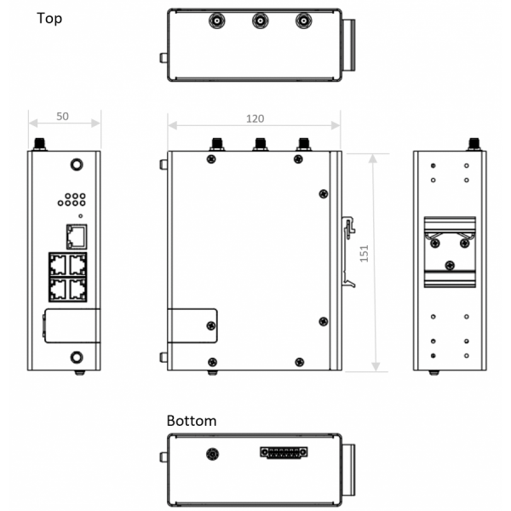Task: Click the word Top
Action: pos(49,18)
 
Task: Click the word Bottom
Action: pos(192,421)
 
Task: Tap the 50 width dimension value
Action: pos(63,115)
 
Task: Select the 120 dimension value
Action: pos(254,118)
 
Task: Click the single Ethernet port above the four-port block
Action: pos(75,235)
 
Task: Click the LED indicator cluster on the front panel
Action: pos(70,200)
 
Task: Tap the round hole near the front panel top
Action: pos(77,165)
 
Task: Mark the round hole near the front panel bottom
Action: pos(77,357)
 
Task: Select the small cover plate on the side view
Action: pos(192,325)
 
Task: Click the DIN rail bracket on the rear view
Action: pos(449,247)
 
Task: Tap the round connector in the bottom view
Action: pos(211,454)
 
